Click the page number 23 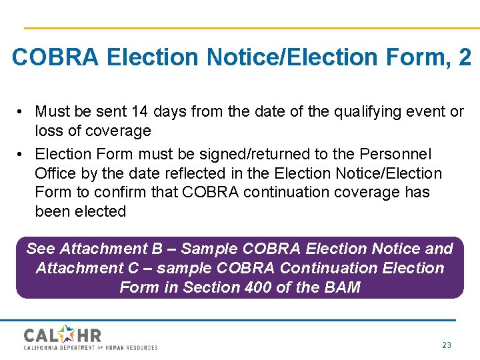[447, 345]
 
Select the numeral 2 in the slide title [465, 57]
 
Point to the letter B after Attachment [157, 249]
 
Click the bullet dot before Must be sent [22, 111]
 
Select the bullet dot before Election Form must [22, 154]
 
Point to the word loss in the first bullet [49, 131]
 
